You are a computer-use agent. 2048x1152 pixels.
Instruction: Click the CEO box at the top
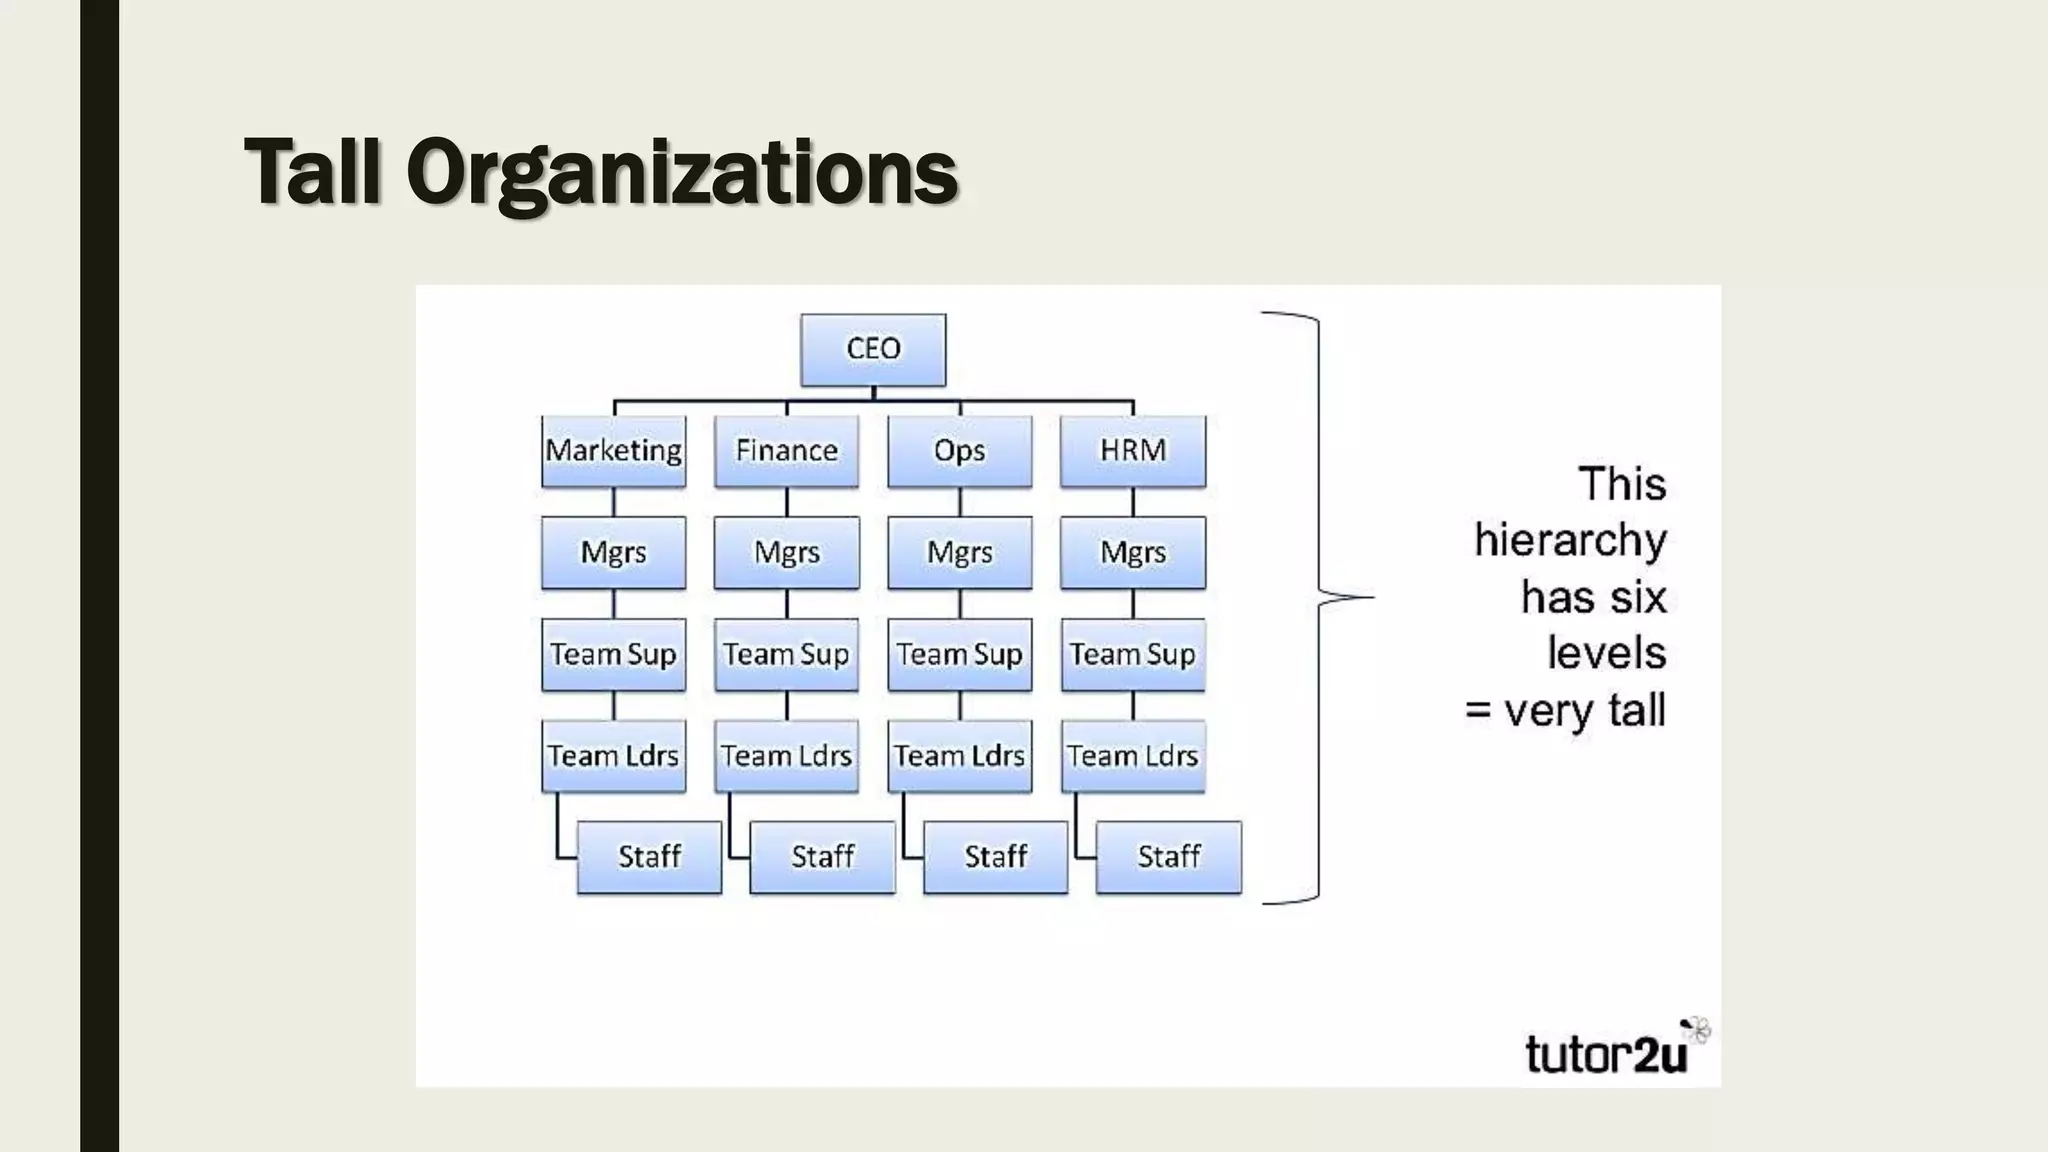point(873,350)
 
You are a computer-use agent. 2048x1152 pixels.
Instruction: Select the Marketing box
point(614,451)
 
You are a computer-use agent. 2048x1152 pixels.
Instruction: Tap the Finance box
point(787,451)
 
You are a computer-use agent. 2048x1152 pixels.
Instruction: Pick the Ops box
point(960,451)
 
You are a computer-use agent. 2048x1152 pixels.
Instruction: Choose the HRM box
point(1133,451)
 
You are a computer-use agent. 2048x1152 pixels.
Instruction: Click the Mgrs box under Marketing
point(614,553)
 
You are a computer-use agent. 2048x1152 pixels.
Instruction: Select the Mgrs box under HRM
point(1133,553)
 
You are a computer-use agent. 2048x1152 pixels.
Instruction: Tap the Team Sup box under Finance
point(787,655)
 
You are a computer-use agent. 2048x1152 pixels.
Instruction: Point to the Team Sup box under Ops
point(960,655)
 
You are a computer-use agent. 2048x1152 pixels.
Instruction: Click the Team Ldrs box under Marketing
point(614,756)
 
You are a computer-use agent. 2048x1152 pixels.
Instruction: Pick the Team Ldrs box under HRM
point(1133,756)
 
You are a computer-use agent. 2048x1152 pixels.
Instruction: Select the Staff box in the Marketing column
point(650,857)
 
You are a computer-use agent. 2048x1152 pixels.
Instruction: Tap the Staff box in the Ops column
point(996,857)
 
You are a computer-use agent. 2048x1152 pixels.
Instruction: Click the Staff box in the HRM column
point(1169,857)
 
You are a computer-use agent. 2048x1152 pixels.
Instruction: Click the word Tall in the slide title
point(312,172)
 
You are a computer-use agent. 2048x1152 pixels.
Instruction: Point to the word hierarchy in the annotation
point(1570,541)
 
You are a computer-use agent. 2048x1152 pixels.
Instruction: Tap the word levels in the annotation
point(1606,654)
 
